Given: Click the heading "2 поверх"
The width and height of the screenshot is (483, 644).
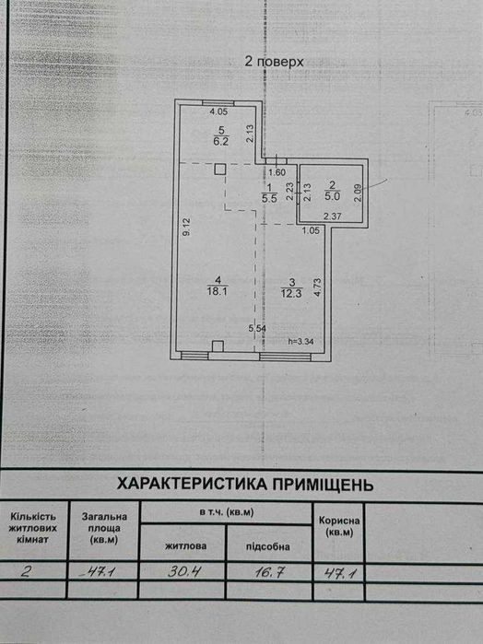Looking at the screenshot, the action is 274,62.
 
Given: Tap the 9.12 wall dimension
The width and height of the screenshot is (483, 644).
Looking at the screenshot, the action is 186,227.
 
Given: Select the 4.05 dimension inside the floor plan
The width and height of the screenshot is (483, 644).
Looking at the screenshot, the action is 218,111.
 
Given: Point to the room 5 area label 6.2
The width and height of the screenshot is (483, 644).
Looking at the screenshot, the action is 221,142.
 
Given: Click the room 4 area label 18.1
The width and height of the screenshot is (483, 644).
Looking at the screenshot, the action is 218,292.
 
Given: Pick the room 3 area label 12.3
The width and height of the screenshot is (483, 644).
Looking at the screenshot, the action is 291,294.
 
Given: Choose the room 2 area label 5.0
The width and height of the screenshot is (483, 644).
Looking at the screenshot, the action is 332,196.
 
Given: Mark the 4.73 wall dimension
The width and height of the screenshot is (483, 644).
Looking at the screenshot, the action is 317,287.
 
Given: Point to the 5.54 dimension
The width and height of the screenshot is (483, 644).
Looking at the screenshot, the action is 257,329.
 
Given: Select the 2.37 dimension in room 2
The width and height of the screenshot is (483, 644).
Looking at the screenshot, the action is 332,216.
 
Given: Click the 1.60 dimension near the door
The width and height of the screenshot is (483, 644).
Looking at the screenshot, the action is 277,172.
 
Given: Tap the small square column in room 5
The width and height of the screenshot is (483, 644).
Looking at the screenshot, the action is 220,170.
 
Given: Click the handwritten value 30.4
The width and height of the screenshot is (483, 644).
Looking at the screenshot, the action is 183,571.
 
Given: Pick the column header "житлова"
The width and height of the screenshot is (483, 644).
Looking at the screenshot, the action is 186,545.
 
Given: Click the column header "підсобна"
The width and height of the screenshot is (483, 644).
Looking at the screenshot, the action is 268,546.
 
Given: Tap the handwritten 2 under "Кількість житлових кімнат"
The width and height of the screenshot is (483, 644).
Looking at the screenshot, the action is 25,572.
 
